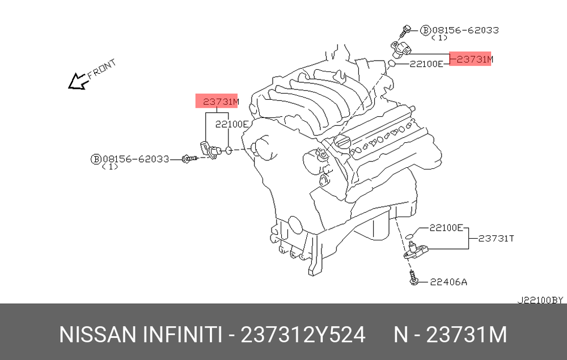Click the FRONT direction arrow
(x=78, y=82)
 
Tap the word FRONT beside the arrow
(x=102, y=69)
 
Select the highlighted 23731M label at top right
(x=470, y=58)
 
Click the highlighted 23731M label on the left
(x=217, y=101)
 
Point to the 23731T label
(x=496, y=239)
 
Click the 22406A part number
(x=448, y=282)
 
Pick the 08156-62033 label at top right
(x=466, y=30)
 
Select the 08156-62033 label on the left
(x=136, y=159)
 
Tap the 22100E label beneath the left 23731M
(x=231, y=124)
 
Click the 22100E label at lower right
(x=446, y=228)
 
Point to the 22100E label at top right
(x=426, y=64)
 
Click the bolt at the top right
(x=405, y=31)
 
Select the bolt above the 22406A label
(x=413, y=277)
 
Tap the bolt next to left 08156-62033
(x=189, y=158)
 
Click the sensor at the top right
(x=401, y=49)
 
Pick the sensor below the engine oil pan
(x=416, y=251)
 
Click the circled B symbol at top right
(x=426, y=31)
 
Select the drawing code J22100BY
(x=540, y=300)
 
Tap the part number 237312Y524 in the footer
(x=303, y=334)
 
